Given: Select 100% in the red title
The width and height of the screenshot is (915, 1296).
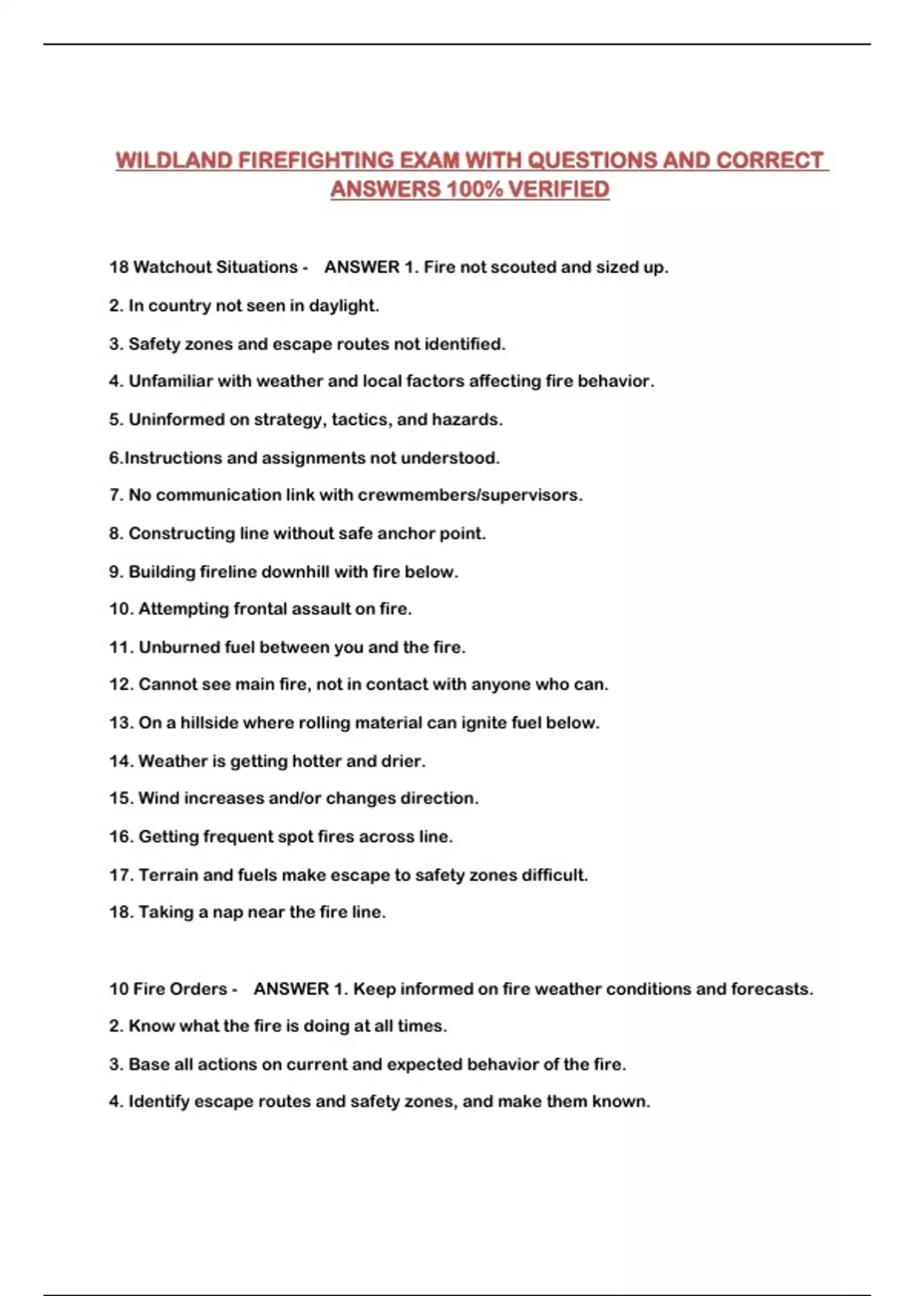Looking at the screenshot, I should pos(474,189).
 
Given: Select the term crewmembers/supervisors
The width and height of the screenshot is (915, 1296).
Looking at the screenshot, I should pos(470,496).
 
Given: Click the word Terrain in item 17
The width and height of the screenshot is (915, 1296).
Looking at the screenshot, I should pos(167,875).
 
